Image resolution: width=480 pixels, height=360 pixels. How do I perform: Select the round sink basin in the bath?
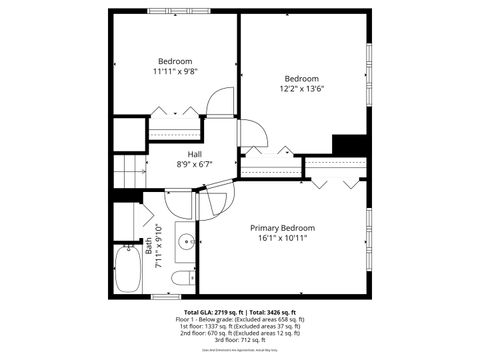(x=186, y=242)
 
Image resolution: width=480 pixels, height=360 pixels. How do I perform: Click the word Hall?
(x=194, y=154)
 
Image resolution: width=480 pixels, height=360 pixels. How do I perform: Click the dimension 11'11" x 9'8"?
(x=174, y=71)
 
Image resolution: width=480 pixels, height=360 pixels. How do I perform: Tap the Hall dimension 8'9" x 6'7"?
(x=194, y=164)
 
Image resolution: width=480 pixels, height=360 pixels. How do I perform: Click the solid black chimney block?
(x=349, y=145)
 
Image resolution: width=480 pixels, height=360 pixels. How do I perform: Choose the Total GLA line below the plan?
(x=241, y=311)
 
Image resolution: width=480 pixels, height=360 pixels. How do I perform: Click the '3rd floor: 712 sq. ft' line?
(x=241, y=339)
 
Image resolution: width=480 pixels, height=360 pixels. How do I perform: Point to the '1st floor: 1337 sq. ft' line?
(x=241, y=325)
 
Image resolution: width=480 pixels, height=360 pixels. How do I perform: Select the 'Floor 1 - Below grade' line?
(x=241, y=318)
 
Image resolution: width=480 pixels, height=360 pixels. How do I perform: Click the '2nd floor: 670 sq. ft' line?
(x=241, y=332)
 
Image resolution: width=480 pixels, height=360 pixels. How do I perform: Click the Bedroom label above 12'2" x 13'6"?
(x=301, y=79)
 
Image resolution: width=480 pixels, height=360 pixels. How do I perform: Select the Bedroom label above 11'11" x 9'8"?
(x=174, y=61)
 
